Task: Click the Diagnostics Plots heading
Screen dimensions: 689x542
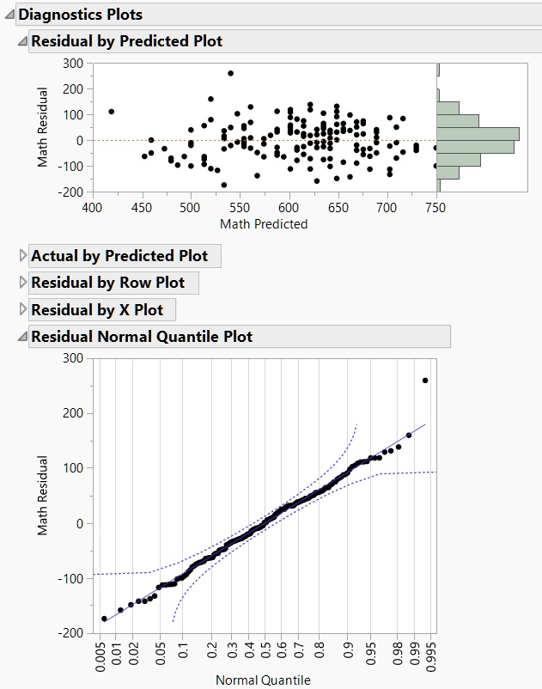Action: coord(80,15)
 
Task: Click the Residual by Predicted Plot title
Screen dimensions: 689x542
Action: coord(126,41)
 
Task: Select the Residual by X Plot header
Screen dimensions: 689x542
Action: coord(96,309)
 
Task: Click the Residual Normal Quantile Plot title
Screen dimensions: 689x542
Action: coord(142,337)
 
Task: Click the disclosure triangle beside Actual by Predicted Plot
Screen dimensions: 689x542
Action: coord(22,256)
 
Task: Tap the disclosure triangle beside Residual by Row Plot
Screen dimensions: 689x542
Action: coord(22,283)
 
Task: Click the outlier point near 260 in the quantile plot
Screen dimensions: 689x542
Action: coord(425,381)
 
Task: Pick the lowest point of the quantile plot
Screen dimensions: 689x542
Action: coord(105,619)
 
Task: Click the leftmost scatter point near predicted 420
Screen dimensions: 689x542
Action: coord(111,112)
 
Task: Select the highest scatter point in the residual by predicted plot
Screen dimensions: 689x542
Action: coord(230,73)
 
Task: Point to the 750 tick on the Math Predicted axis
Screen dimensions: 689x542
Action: coord(435,207)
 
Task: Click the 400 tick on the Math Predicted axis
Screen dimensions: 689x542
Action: coord(92,207)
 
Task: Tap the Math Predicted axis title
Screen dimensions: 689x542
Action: coord(263,224)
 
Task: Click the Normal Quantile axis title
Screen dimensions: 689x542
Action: coord(263,680)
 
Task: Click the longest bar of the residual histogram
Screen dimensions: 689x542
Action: coord(478,133)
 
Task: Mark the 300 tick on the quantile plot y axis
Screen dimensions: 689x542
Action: coord(74,358)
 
